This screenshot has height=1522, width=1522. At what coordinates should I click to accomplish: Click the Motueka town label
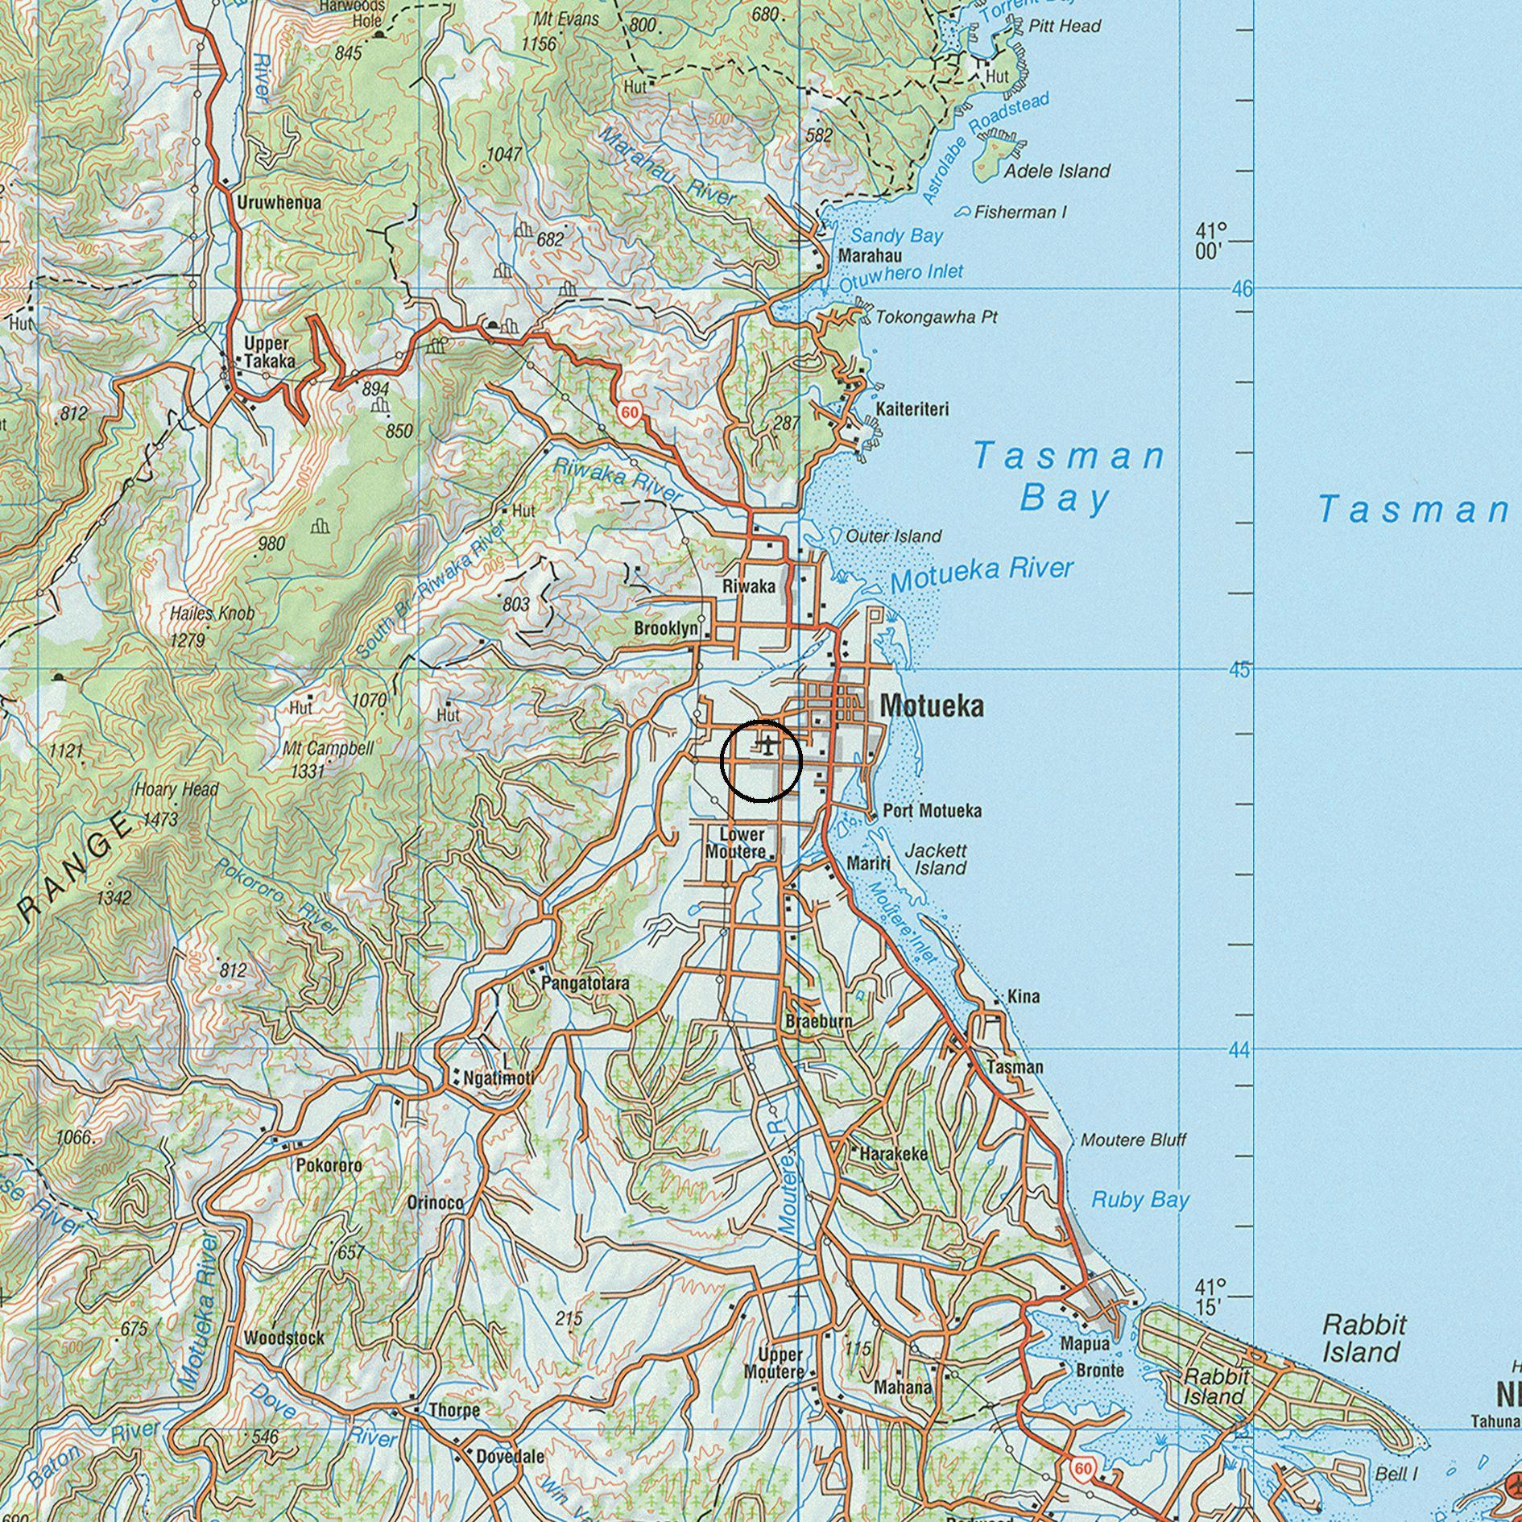[932, 706]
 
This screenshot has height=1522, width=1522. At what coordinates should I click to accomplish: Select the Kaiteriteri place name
[912, 409]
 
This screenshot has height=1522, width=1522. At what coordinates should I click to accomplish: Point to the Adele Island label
[1057, 171]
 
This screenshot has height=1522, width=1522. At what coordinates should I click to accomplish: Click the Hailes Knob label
[212, 614]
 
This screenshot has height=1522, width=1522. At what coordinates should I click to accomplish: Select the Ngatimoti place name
[498, 1077]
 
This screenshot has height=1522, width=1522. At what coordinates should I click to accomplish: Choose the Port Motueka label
[932, 810]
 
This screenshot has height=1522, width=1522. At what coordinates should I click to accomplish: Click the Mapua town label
[1085, 1343]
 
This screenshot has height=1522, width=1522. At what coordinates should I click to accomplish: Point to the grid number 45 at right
[1240, 670]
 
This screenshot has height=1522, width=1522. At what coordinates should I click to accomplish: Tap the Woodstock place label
[284, 1338]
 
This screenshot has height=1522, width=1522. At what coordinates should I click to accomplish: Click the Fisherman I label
[1019, 212]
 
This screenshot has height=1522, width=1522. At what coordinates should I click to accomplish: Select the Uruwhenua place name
[279, 202]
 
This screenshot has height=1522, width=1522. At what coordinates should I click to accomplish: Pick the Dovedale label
[510, 1456]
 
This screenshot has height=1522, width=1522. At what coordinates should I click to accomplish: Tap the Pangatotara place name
[585, 983]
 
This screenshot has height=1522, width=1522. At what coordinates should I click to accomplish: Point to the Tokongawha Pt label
[936, 317]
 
